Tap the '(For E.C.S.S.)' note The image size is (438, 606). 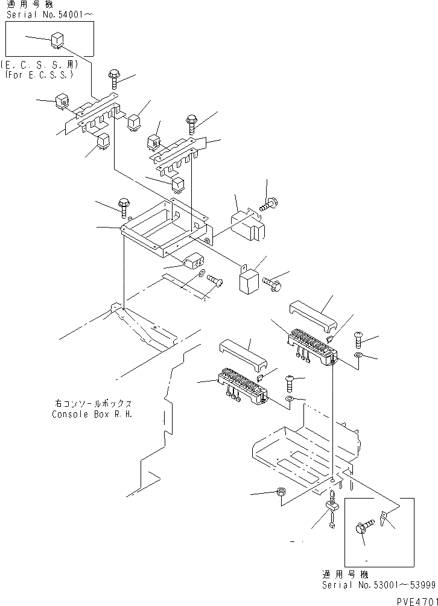37,75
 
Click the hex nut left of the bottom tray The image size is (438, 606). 281,493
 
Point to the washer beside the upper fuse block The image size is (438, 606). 358,357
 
